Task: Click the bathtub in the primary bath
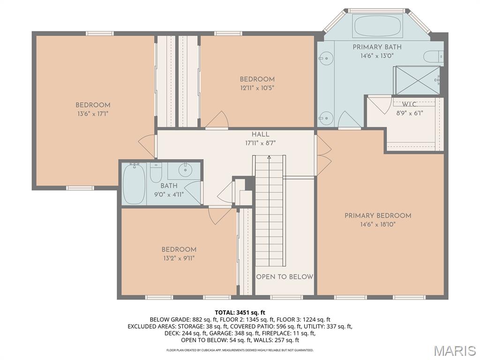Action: pos(378,26)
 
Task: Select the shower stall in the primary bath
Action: pos(417,80)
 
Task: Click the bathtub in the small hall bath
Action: pos(134,184)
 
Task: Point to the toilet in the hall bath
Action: pos(156,173)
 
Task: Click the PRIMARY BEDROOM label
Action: pos(378,216)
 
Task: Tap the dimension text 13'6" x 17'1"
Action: pos(93,113)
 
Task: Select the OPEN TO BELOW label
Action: pos(285,277)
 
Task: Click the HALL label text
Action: pos(260,135)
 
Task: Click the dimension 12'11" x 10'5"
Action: pos(257,88)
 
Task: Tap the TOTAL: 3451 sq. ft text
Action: pos(240,312)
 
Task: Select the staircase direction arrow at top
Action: pos(269,158)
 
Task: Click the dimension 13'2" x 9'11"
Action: pos(179,258)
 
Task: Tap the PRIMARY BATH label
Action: pos(377,47)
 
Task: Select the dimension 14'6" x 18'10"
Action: pos(378,225)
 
